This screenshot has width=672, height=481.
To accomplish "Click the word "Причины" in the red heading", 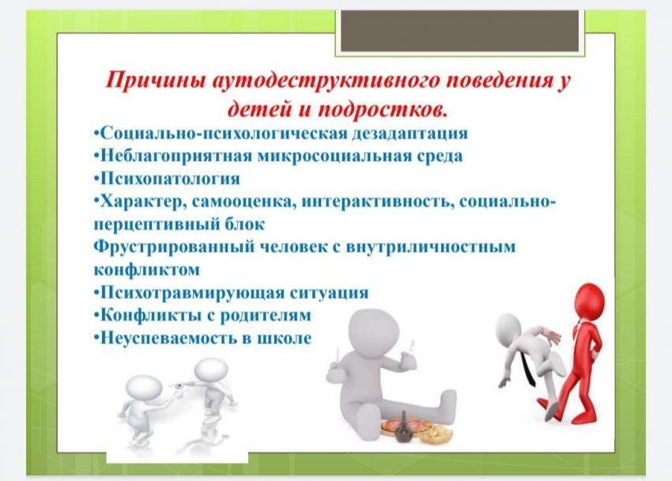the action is pos(156,81).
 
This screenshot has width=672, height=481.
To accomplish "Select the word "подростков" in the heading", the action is pos(383,110).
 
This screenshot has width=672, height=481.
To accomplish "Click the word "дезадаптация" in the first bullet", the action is pos(410,134).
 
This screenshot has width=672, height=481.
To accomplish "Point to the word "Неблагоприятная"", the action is pos(176,156).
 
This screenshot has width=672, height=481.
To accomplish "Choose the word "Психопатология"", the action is pos(170,178).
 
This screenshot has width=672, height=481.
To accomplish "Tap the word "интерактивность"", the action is pos(378,202).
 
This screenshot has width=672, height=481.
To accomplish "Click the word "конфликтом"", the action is pos(146,270).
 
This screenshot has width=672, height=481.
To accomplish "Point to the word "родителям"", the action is pos(266,316).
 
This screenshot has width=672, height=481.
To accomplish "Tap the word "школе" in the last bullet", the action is pos(284,339).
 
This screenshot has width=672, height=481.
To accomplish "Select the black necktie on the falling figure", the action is pos(528,365).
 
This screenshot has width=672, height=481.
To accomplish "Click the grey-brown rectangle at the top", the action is pos(460,30).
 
